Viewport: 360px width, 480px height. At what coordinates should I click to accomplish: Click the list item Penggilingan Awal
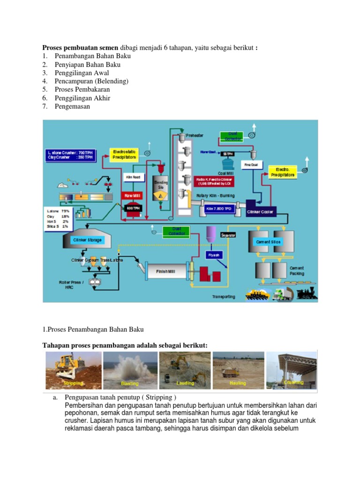click(82, 73)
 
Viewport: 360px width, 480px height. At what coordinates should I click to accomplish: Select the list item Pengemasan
click(73, 106)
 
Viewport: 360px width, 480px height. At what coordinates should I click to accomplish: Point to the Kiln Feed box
click(133, 177)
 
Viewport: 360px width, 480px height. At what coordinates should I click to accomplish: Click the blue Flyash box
click(213, 255)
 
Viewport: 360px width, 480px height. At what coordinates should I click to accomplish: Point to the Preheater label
click(195, 135)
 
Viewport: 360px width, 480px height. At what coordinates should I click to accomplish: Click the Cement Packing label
click(297, 271)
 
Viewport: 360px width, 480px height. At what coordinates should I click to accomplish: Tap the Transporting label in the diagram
click(224, 297)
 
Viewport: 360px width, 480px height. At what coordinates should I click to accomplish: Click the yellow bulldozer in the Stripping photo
click(69, 365)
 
